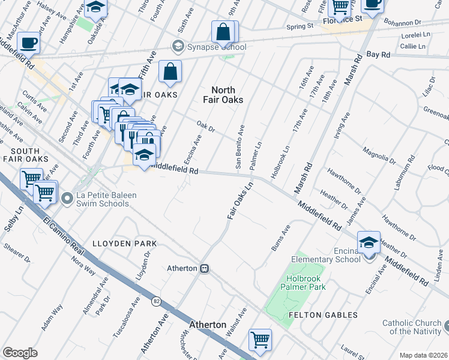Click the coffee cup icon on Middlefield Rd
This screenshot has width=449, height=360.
[x=29, y=43]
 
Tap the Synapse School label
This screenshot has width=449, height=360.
[x=215, y=47]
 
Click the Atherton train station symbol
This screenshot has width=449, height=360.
[x=205, y=268]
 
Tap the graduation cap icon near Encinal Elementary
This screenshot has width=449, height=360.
[x=369, y=242]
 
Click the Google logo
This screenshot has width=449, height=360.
[x=20, y=353]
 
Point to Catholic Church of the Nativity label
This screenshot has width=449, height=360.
[x=414, y=327]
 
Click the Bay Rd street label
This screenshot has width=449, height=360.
[x=378, y=54]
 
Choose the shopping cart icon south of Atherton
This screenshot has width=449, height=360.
[x=260, y=340]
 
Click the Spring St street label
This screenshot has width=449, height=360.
[x=300, y=26]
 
